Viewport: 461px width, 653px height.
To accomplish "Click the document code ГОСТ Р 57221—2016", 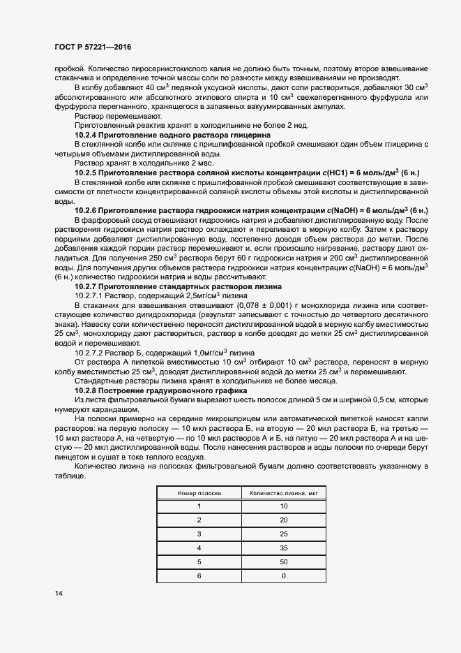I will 92,47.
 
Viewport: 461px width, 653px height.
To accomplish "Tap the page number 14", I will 59,593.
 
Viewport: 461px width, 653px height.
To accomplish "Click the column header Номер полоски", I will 199,492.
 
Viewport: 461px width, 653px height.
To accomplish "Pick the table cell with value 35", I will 283,548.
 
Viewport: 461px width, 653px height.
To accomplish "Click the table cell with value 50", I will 283,562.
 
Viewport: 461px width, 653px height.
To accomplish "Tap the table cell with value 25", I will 283,534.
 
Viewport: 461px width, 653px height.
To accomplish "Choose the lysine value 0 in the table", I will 283,575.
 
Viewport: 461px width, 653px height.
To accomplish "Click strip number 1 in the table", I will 199,506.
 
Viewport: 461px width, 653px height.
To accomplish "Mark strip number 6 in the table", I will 199,575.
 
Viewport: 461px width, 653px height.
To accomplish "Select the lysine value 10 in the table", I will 283,506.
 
